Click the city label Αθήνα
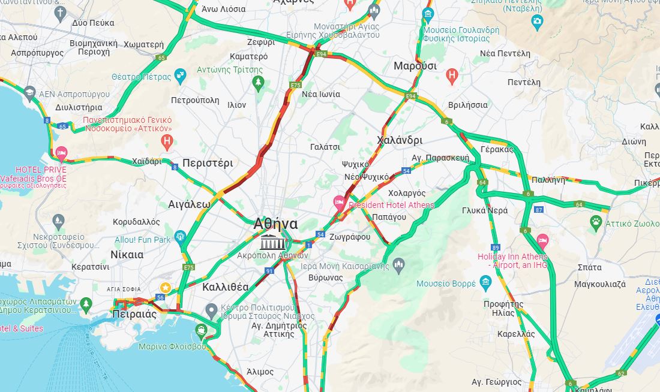tap(275, 224)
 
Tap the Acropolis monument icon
tap(272, 242)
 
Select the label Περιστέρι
tap(208, 163)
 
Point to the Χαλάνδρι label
tap(400, 140)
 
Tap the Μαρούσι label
tap(415, 66)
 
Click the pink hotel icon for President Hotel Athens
tap(340, 200)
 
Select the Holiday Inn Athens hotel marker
tap(542, 241)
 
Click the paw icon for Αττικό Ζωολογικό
tap(596, 222)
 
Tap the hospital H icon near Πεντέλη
tap(452, 76)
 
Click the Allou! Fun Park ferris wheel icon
tap(180, 237)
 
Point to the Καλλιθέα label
tap(226, 287)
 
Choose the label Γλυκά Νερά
tap(485, 210)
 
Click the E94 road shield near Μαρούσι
tap(411, 96)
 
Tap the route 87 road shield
tap(539, 210)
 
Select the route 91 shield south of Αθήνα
tap(270, 272)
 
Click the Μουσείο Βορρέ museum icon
tap(486, 282)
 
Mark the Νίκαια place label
tap(127, 254)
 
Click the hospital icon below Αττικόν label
tap(167, 143)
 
